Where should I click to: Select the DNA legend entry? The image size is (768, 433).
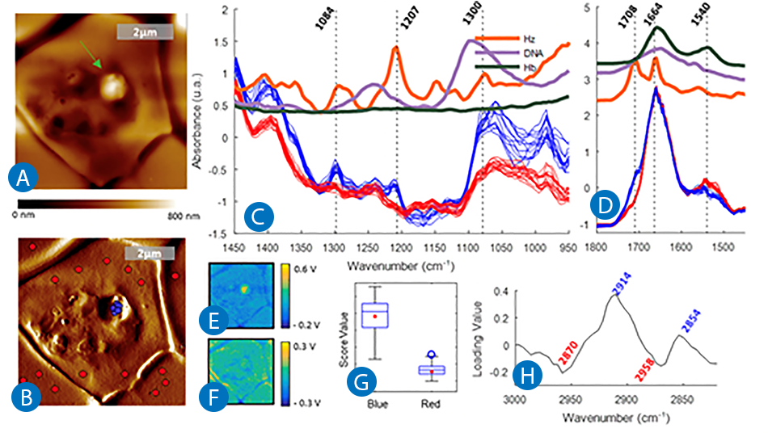coord(534,52)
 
